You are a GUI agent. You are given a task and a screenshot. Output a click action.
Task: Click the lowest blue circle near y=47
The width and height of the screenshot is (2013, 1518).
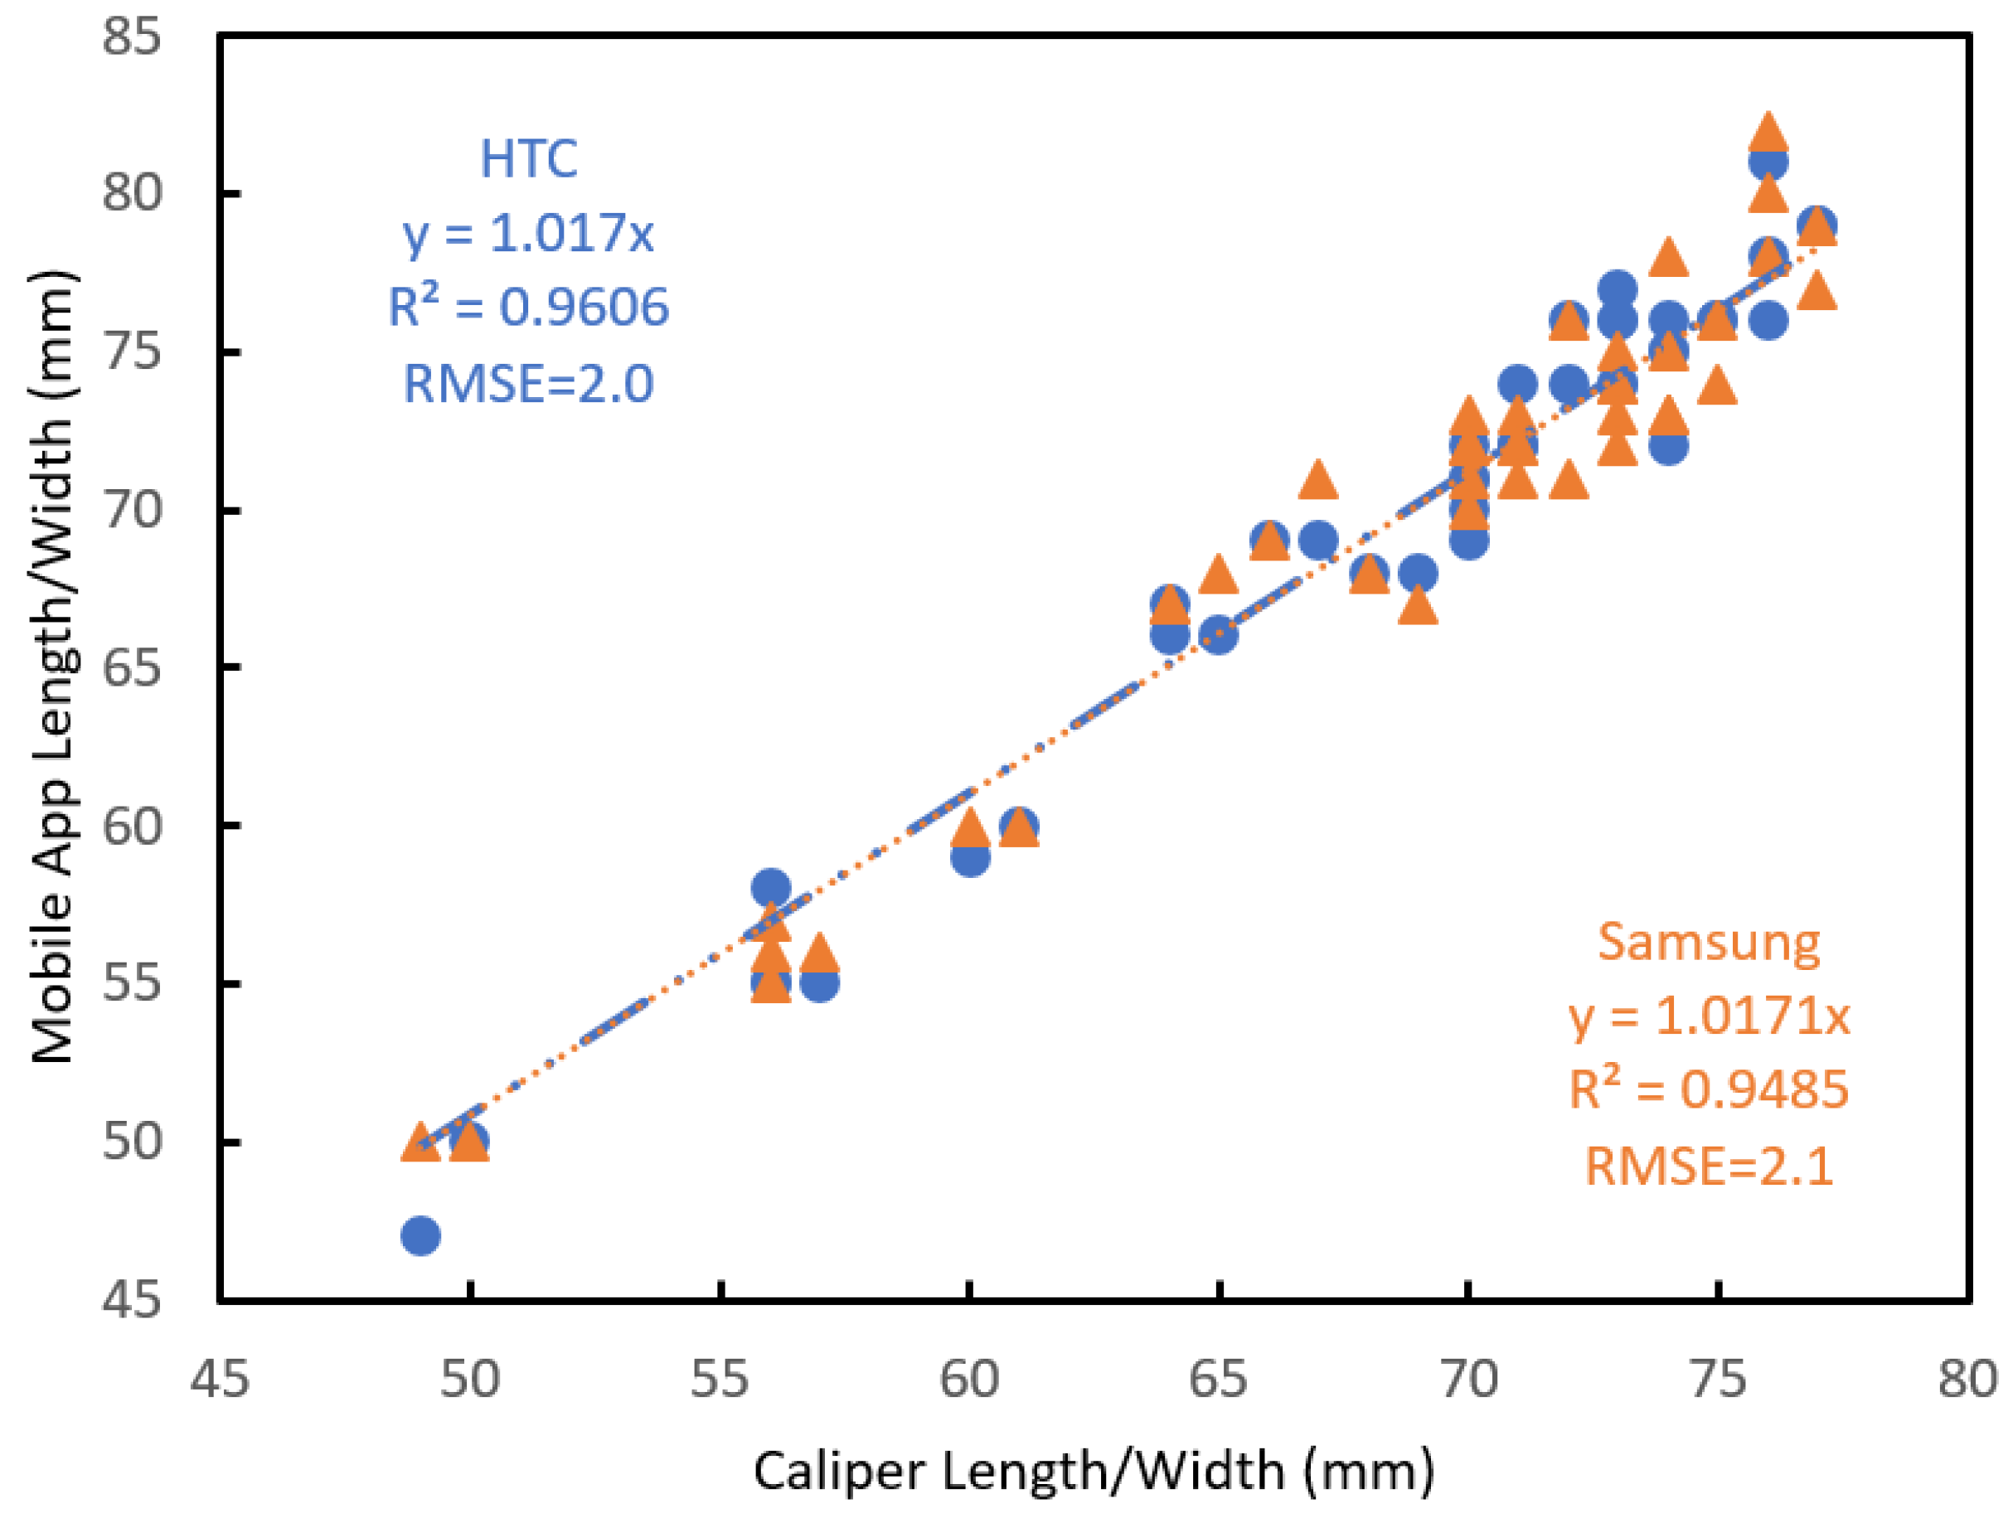pos(420,1236)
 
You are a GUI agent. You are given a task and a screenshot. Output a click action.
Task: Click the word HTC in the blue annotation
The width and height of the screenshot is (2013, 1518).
pos(528,159)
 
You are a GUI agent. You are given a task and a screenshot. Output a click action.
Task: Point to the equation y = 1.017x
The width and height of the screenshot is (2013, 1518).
pos(528,233)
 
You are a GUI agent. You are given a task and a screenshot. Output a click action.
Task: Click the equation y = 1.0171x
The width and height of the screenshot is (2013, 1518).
pos(1709,1016)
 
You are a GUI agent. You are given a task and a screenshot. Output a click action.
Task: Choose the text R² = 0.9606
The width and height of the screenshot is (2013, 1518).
pos(528,307)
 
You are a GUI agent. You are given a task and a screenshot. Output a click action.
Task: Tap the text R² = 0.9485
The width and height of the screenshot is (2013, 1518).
pos(1709,1089)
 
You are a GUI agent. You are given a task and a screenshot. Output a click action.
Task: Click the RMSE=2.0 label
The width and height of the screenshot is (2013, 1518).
pos(528,383)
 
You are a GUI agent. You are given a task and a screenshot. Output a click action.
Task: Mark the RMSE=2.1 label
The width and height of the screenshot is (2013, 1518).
pos(1709,1166)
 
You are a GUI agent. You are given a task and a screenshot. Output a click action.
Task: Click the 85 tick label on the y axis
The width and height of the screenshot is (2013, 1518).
pos(131,37)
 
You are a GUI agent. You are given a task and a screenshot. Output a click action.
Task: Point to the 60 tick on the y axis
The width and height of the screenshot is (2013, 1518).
pos(131,827)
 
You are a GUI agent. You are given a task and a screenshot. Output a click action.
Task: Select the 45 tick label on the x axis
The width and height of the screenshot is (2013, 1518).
pos(220,1379)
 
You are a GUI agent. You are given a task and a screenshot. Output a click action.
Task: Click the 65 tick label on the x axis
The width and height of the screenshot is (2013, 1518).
pos(1219,1379)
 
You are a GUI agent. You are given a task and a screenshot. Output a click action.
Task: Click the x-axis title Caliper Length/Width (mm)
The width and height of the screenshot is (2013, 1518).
pos(1094,1472)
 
